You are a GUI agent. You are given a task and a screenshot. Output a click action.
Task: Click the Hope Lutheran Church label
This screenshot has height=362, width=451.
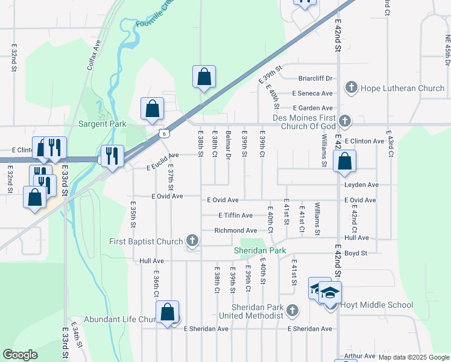[x=402, y=88]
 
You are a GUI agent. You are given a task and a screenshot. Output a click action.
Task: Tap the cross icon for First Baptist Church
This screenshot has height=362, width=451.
[x=192, y=241]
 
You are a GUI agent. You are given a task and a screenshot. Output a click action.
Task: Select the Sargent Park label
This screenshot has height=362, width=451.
[x=102, y=124]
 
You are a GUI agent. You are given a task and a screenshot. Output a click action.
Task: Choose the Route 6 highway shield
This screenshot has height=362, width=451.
[x=163, y=134]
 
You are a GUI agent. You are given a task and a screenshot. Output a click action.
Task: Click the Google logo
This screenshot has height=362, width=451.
[x=20, y=355]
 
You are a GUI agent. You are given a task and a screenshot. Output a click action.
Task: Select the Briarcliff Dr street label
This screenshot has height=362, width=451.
[x=315, y=78]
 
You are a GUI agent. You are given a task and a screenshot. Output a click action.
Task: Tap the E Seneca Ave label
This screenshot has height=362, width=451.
[x=312, y=94]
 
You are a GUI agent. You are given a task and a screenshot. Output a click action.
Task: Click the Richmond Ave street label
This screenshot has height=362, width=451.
[x=236, y=230]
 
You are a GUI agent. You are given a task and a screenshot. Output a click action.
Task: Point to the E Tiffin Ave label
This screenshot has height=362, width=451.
[x=235, y=215]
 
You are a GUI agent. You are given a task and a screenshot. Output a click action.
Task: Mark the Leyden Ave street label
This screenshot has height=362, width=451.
[x=361, y=185]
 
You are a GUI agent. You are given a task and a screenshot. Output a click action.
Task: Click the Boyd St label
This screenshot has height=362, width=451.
[x=356, y=253]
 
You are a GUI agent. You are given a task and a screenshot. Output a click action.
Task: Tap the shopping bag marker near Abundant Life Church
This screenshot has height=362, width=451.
[x=168, y=313]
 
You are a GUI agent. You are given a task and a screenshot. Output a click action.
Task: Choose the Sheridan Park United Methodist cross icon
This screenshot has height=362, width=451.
[x=292, y=311]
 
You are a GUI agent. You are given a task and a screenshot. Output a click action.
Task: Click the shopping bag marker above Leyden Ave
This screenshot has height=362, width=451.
[x=344, y=160]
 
